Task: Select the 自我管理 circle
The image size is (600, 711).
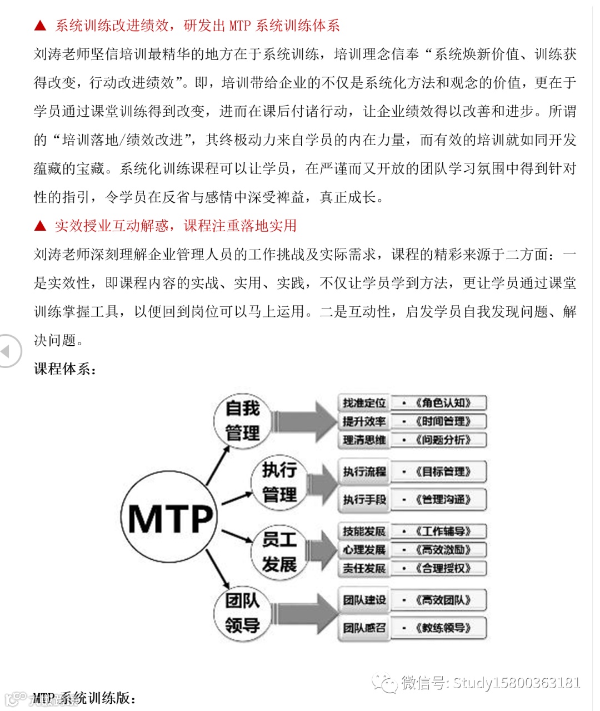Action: pos(243,421)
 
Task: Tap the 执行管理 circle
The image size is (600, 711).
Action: pos(279,483)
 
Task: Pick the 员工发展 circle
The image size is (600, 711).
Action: pos(279,552)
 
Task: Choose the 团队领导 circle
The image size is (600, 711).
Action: pos(242,613)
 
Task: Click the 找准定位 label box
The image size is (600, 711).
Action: pos(364,403)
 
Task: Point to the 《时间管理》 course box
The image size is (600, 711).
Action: pos(439,421)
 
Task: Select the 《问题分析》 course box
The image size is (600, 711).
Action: pos(439,440)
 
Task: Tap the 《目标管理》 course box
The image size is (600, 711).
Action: pos(439,471)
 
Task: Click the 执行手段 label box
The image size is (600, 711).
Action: pos(364,499)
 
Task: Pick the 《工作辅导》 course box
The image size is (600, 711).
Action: pos(439,531)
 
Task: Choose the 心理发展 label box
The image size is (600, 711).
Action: pos(364,550)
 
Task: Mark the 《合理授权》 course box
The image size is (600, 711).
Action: pos(439,568)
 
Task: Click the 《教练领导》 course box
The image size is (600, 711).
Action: pos(439,628)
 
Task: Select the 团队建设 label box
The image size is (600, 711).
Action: pos(364,600)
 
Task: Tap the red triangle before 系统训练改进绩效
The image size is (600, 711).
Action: pos(40,26)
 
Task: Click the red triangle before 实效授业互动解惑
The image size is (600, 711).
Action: pos(40,226)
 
